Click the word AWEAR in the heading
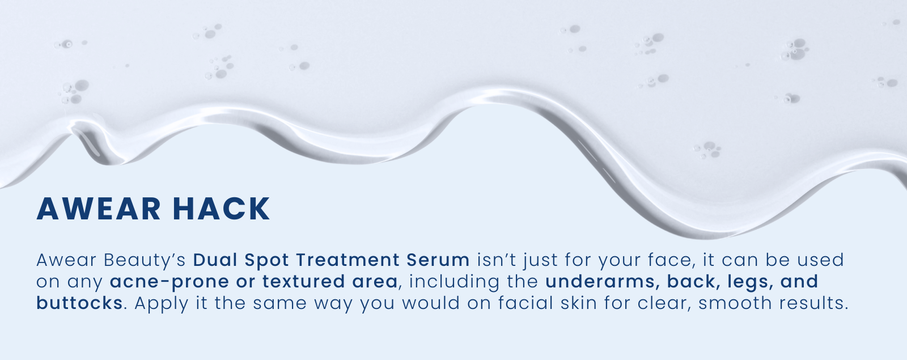[x=99, y=209]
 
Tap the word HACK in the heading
[x=222, y=209]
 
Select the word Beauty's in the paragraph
[x=145, y=261]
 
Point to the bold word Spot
[x=266, y=261]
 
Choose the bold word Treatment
[x=348, y=260]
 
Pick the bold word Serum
[x=438, y=260]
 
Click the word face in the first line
[x=671, y=260]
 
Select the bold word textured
[x=303, y=281]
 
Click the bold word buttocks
[x=79, y=303]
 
